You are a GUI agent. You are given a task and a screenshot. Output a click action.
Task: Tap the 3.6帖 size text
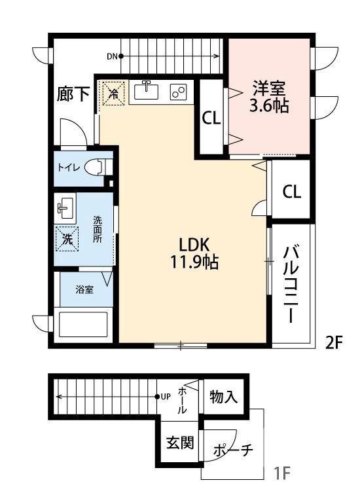click(268, 106)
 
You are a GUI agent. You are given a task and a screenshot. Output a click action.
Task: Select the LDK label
click(194, 245)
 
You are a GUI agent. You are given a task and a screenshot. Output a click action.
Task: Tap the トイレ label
click(69, 167)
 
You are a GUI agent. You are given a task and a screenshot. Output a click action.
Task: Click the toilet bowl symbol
click(97, 166)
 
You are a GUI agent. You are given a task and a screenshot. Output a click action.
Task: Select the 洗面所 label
click(98, 230)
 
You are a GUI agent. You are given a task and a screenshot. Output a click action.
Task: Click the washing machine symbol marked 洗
click(66, 239)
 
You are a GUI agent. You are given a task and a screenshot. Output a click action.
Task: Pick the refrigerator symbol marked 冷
click(113, 94)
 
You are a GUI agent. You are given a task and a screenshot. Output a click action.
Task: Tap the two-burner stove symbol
click(179, 92)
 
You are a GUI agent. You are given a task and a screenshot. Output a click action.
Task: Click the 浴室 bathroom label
click(84, 289)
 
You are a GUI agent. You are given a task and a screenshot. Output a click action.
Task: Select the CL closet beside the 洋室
click(211, 118)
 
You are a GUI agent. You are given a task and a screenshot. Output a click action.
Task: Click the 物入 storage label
click(223, 397)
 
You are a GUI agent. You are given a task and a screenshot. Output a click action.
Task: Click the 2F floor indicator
click(334, 342)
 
